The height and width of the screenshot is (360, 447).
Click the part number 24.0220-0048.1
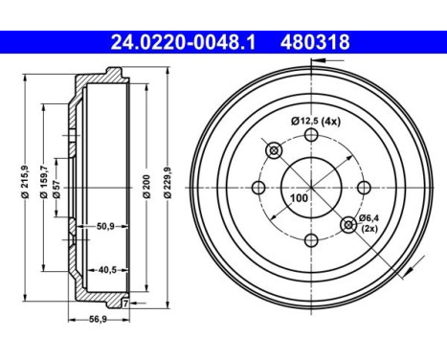tap(183, 42)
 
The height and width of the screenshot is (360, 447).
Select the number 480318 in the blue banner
tap(315, 42)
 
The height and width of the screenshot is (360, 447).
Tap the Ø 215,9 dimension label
tap(25, 182)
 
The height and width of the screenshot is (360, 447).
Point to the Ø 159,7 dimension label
tap(44, 183)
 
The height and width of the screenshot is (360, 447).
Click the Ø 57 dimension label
tap(56, 189)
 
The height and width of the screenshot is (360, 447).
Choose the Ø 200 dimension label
tap(146, 187)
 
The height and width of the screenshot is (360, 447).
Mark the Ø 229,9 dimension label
tap(168, 183)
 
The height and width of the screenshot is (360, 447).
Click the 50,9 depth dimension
tap(105, 226)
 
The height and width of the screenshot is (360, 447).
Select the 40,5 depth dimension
tap(107, 270)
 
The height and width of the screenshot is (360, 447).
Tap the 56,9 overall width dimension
tap(99, 319)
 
